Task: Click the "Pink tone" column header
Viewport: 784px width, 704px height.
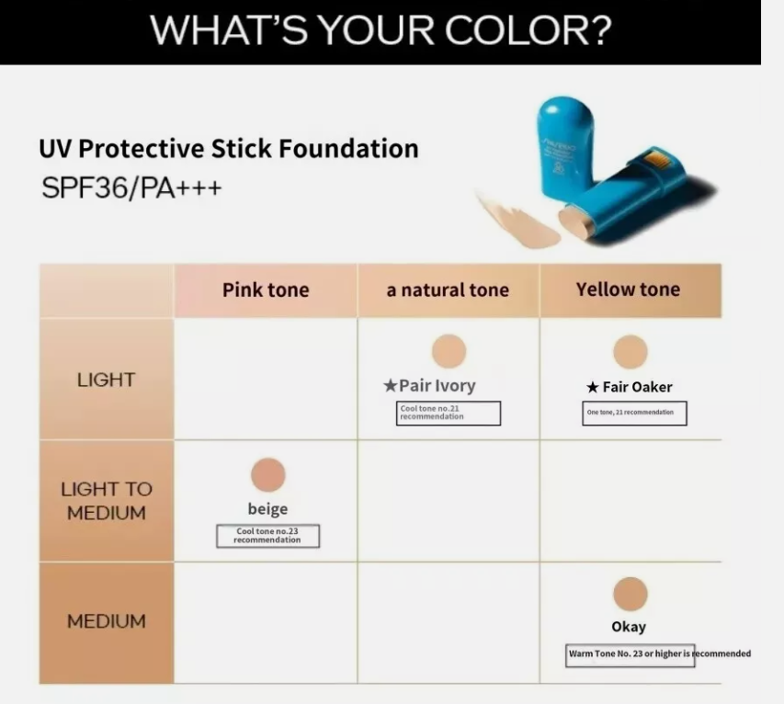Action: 266,290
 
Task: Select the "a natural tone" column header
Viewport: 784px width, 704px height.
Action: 448,290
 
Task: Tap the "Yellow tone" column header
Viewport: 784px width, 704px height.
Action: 628,290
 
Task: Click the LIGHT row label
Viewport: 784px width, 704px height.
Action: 106,380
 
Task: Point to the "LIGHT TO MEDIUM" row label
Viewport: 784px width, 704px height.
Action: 107,501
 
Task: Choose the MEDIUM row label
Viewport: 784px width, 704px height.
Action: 107,621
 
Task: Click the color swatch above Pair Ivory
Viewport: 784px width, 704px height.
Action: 449,352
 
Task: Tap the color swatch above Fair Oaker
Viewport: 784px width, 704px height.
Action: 631,352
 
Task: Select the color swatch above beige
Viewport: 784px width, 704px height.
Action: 267,475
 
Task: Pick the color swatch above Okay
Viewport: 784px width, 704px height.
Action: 631,595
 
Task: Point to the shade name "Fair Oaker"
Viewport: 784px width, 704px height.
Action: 637,387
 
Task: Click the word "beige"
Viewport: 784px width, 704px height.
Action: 267,509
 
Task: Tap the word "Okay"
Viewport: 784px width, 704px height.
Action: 629,627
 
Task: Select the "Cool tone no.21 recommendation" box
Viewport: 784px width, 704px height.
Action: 449,414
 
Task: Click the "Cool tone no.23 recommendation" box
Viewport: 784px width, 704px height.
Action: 267,536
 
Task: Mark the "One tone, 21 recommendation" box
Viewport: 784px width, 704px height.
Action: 630,413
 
